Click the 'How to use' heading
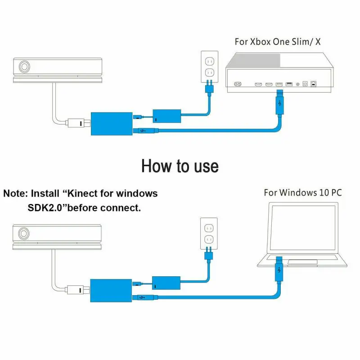point(180,166)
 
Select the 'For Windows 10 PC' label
point(303,193)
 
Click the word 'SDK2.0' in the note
point(41,208)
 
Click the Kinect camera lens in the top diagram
point(24,67)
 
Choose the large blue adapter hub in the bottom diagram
point(111,290)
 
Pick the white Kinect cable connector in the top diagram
point(76,122)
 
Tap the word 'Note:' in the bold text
point(15,194)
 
